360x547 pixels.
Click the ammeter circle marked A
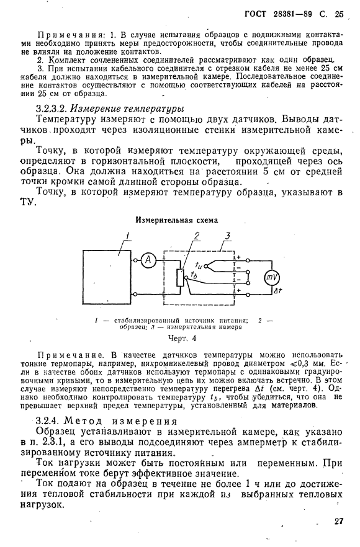point(148,261)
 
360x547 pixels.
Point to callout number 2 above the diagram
point(196,236)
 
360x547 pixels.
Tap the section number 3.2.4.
point(50,420)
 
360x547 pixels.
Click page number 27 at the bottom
point(338,521)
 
